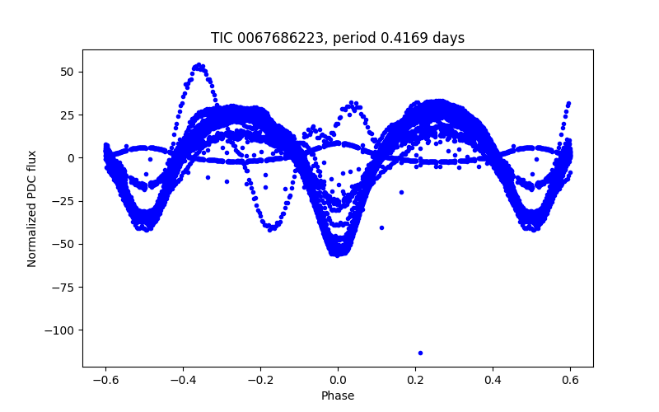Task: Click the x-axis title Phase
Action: click(x=338, y=396)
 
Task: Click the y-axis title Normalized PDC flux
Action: click(x=32, y=208)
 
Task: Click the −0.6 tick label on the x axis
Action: click(x=105, y=381)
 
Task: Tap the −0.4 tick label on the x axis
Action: click(x=183, y=381)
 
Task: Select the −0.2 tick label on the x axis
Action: click(x=260, y=381)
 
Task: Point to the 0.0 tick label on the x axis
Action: click(x=338, y=381)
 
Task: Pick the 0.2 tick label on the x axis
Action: click(x=415, y=381)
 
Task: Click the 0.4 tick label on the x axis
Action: click(x=493, y=381)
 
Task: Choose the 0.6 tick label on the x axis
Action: click(x=570, y=381)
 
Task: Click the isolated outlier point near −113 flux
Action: click(x=420, y=353)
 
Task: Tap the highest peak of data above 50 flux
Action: click(x=199, y=66)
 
